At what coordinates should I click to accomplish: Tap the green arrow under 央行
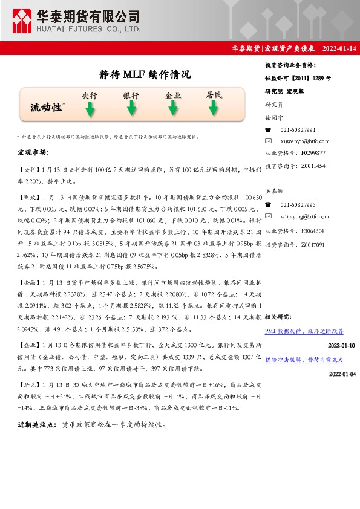point(90,109)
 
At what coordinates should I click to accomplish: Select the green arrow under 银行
point(131,109)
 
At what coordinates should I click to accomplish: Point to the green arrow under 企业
point(173,109)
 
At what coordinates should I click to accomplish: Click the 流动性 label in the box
point(47,108)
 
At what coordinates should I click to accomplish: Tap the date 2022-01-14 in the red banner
point(339,48)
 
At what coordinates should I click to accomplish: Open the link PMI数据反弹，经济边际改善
point(304,331)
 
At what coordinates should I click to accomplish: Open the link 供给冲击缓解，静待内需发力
point(304,360)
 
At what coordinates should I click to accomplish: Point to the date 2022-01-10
point(341,345)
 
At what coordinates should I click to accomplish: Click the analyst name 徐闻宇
point(273,117)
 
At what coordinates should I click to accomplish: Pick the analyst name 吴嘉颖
point(273,192)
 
